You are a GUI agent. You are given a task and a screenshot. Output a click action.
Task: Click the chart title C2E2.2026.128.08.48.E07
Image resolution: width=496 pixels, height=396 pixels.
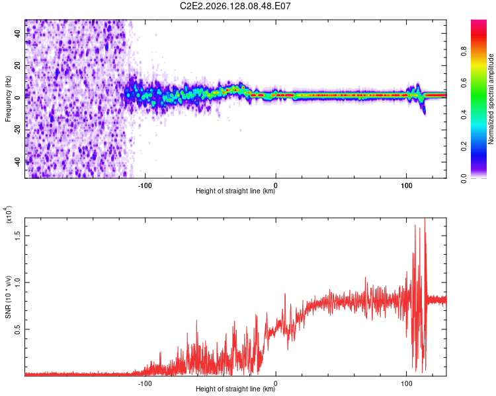coord(235,6)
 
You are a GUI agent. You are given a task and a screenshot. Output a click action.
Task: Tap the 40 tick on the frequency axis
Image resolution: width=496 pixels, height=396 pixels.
coord(17,33)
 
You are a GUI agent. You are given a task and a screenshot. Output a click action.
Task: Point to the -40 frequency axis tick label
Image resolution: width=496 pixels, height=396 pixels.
coord(17,162)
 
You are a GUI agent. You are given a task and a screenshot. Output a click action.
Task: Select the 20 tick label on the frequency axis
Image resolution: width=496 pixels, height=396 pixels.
coord(17,65)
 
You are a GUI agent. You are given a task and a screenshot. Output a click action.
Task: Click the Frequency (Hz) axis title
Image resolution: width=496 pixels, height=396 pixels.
coord(8,99)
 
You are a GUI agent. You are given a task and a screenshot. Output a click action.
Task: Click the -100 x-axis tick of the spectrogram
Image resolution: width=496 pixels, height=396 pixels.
coord(145,185)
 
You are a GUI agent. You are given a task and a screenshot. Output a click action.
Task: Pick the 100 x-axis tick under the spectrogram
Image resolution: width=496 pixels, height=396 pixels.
coord(407,185)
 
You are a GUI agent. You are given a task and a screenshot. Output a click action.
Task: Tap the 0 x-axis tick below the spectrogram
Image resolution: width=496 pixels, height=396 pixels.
coord(276,185)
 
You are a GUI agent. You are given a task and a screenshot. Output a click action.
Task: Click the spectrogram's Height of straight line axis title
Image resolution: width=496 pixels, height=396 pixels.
coord(235,191)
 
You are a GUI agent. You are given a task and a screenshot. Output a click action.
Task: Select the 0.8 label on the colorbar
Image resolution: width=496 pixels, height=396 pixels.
coord(464,51)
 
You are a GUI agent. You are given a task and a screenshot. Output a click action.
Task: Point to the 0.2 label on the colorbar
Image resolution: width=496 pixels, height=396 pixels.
coord(464,147)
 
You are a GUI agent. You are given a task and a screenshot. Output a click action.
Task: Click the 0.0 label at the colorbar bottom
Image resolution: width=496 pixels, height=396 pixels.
coord(464,178)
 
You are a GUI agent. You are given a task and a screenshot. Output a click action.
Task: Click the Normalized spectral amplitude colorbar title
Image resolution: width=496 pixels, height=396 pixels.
coord(491,99)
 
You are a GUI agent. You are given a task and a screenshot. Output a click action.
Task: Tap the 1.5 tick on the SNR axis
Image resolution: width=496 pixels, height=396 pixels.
coord(17,236)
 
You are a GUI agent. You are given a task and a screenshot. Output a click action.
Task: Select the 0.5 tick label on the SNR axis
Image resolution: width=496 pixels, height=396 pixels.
coord(17,329)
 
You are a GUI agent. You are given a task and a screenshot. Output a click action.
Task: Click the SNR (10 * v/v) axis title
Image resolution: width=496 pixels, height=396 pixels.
coord(8,297)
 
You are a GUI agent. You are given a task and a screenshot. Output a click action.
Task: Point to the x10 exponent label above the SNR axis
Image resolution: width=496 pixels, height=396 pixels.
coord(9,214)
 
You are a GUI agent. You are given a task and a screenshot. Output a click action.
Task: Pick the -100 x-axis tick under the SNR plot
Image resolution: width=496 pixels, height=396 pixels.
coord(145,383)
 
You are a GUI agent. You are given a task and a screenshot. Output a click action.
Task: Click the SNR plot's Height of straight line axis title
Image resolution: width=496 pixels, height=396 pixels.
coord(235,389)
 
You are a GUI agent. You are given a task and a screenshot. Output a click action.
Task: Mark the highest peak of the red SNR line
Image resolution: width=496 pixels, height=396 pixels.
coord(425,219)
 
